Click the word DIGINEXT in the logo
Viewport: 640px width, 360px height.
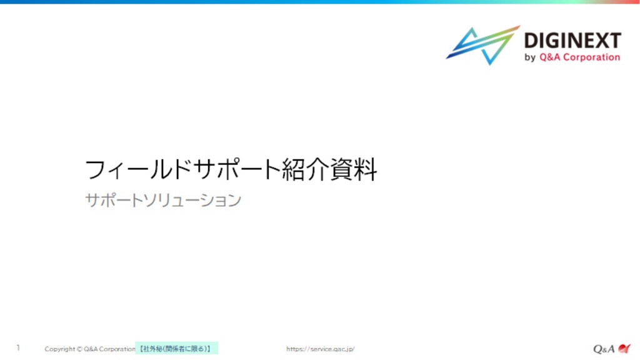pos(572,41)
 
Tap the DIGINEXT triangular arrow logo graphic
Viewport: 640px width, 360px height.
pos(483,45)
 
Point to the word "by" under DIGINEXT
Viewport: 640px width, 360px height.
pos(530,57)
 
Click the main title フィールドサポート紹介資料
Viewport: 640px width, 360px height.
pos(231,169)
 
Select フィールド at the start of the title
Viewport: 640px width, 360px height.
pos(138,169)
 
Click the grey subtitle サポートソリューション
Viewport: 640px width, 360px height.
pos(163,201)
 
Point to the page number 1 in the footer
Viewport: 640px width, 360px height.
pos(18,347)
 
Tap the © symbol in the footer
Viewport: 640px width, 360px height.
pos(79,349)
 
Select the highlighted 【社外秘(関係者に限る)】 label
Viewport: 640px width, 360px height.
pos(176,349)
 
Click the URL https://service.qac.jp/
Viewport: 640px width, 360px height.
pos(321,349)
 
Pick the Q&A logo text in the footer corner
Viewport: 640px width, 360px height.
pos(604,349)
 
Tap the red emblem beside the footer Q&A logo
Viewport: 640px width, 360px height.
pos(624,348)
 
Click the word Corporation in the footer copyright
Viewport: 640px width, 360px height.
pos(117,349)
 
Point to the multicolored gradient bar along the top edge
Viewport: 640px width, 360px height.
pos(320,2)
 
